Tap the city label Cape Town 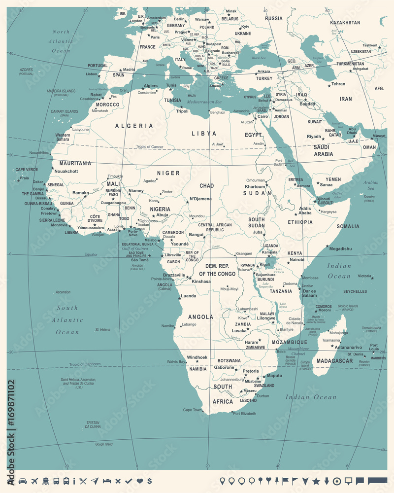[x=193, y=410]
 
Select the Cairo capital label [x=263, y=116]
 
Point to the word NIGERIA [x=160, y=209]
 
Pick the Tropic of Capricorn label [x=85, y=364]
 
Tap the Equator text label [x=91, y=254]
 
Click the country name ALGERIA [x=134, y=126]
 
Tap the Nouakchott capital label [x=66, y=171]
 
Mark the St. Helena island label [x=102, y=329]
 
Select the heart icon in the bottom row [x=139, y=481]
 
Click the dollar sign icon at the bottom [x=149, y=481]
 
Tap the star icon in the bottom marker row [x=316, y=481]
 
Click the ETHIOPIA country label [x=300, y=222]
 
